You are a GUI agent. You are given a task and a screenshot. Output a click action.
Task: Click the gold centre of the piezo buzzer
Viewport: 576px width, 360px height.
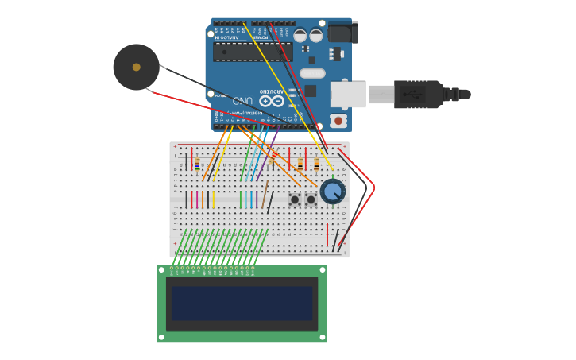pyautogui.click(x=136, y=68)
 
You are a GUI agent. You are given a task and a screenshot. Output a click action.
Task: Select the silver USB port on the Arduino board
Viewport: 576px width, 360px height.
pyautogui.click(x=348, y=95)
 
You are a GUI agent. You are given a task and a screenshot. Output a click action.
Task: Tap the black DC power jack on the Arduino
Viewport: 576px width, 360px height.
pyautogui.click(x=342, y=33)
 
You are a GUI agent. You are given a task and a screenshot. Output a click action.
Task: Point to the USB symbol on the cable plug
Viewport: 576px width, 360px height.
pyautogui.click(x=413, y=95)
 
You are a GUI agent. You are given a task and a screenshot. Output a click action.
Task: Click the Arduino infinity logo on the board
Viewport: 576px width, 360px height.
pyautogui.click(x=271, y=101)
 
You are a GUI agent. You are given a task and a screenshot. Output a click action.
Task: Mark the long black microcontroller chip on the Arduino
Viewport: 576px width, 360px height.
pyautogui.click(x=253, y=52)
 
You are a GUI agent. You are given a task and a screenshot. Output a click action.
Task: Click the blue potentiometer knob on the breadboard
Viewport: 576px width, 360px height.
pyautogui.click(x=332, y=192)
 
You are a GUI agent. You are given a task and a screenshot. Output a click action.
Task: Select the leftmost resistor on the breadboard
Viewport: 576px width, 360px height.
pyautogui.click(x=197, y=163)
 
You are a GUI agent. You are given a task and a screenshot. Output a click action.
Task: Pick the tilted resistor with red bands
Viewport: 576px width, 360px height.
pyautogui.click(x=273, y=158)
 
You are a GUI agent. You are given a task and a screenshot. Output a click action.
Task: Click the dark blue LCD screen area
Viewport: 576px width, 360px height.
pyautogui.click(x=242, y=304)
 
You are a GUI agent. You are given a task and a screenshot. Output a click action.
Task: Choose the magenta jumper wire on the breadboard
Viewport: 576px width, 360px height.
pyautogui.click(x=191, y=199)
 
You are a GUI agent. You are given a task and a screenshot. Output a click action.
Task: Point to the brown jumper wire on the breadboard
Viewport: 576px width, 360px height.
pyautogui.click(x=265, y=194)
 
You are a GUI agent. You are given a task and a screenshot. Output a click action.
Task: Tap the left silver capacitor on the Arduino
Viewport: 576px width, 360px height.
pyautogui.click(x=300, y=35)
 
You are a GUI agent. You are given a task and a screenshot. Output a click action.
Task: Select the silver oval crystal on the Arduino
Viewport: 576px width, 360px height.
pyautogui.click(x=312, y=73)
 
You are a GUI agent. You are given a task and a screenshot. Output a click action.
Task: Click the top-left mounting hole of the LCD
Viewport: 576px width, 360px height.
pyautogui.click(x=161, y=270)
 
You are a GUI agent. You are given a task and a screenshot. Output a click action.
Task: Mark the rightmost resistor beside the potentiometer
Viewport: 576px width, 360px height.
pyautogui.click(x=316, y=164)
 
